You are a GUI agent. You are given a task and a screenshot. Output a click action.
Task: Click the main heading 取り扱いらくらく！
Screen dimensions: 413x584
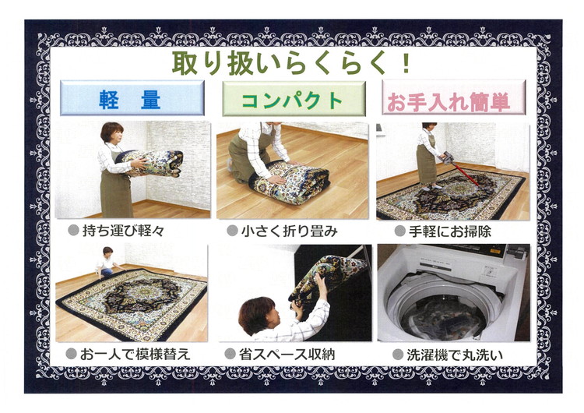point(291,62)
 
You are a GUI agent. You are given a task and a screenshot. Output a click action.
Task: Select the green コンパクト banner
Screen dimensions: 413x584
point(292,99)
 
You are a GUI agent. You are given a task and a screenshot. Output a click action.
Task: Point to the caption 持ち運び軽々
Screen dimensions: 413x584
point(125,231)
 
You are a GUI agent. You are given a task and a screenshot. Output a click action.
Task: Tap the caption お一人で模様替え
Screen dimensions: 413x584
point(136,355)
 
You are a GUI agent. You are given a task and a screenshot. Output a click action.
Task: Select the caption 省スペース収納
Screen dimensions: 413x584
point(287,355)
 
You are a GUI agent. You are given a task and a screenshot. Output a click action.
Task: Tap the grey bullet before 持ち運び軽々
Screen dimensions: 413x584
point(73,231)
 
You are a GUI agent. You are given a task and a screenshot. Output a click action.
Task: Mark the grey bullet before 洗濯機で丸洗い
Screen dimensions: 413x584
point(397,355)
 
